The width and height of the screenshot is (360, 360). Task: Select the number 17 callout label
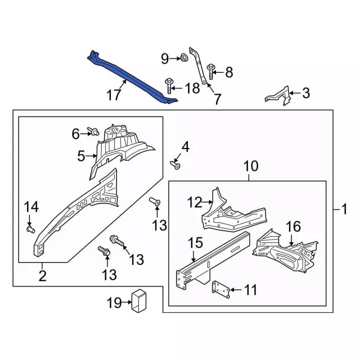pyautogui.click(x=114, y=96)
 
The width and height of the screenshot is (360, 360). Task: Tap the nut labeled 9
pyautogui.click(x=183, y=57)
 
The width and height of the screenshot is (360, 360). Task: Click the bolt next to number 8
pyautogui.click(x=210, y=71)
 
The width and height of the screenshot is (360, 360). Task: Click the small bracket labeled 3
pyautogui.click(x=278, y=94)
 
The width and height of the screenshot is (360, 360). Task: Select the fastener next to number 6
pyautogui.click(x=94, y=132)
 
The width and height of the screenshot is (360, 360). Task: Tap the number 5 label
pyautogui.click(x=81, y=155)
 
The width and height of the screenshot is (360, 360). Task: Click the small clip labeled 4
pyautogui.click(x=175, y=165)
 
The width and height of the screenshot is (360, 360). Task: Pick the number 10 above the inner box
pyautogui.click(x=250, y=166)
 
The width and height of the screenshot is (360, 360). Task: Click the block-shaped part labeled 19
pyautogui.click(x=138, y=300)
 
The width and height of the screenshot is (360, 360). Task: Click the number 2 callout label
pyautogui.click(x=42, y=276)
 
